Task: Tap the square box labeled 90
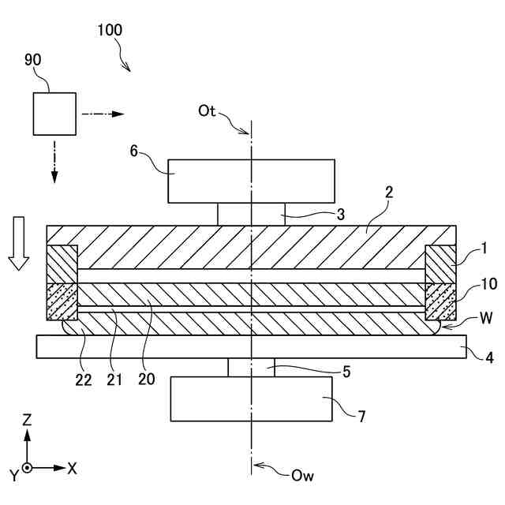(x=54, y=114)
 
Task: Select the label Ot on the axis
(x=208, y=110)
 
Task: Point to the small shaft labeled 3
(x=251, y=214)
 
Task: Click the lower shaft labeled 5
(x=252, y=367)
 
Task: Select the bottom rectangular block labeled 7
(x=252, y=398)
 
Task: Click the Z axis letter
(x=27, y=421)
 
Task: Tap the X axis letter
(x=72, y=468)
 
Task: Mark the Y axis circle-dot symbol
(x=28, y=468)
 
